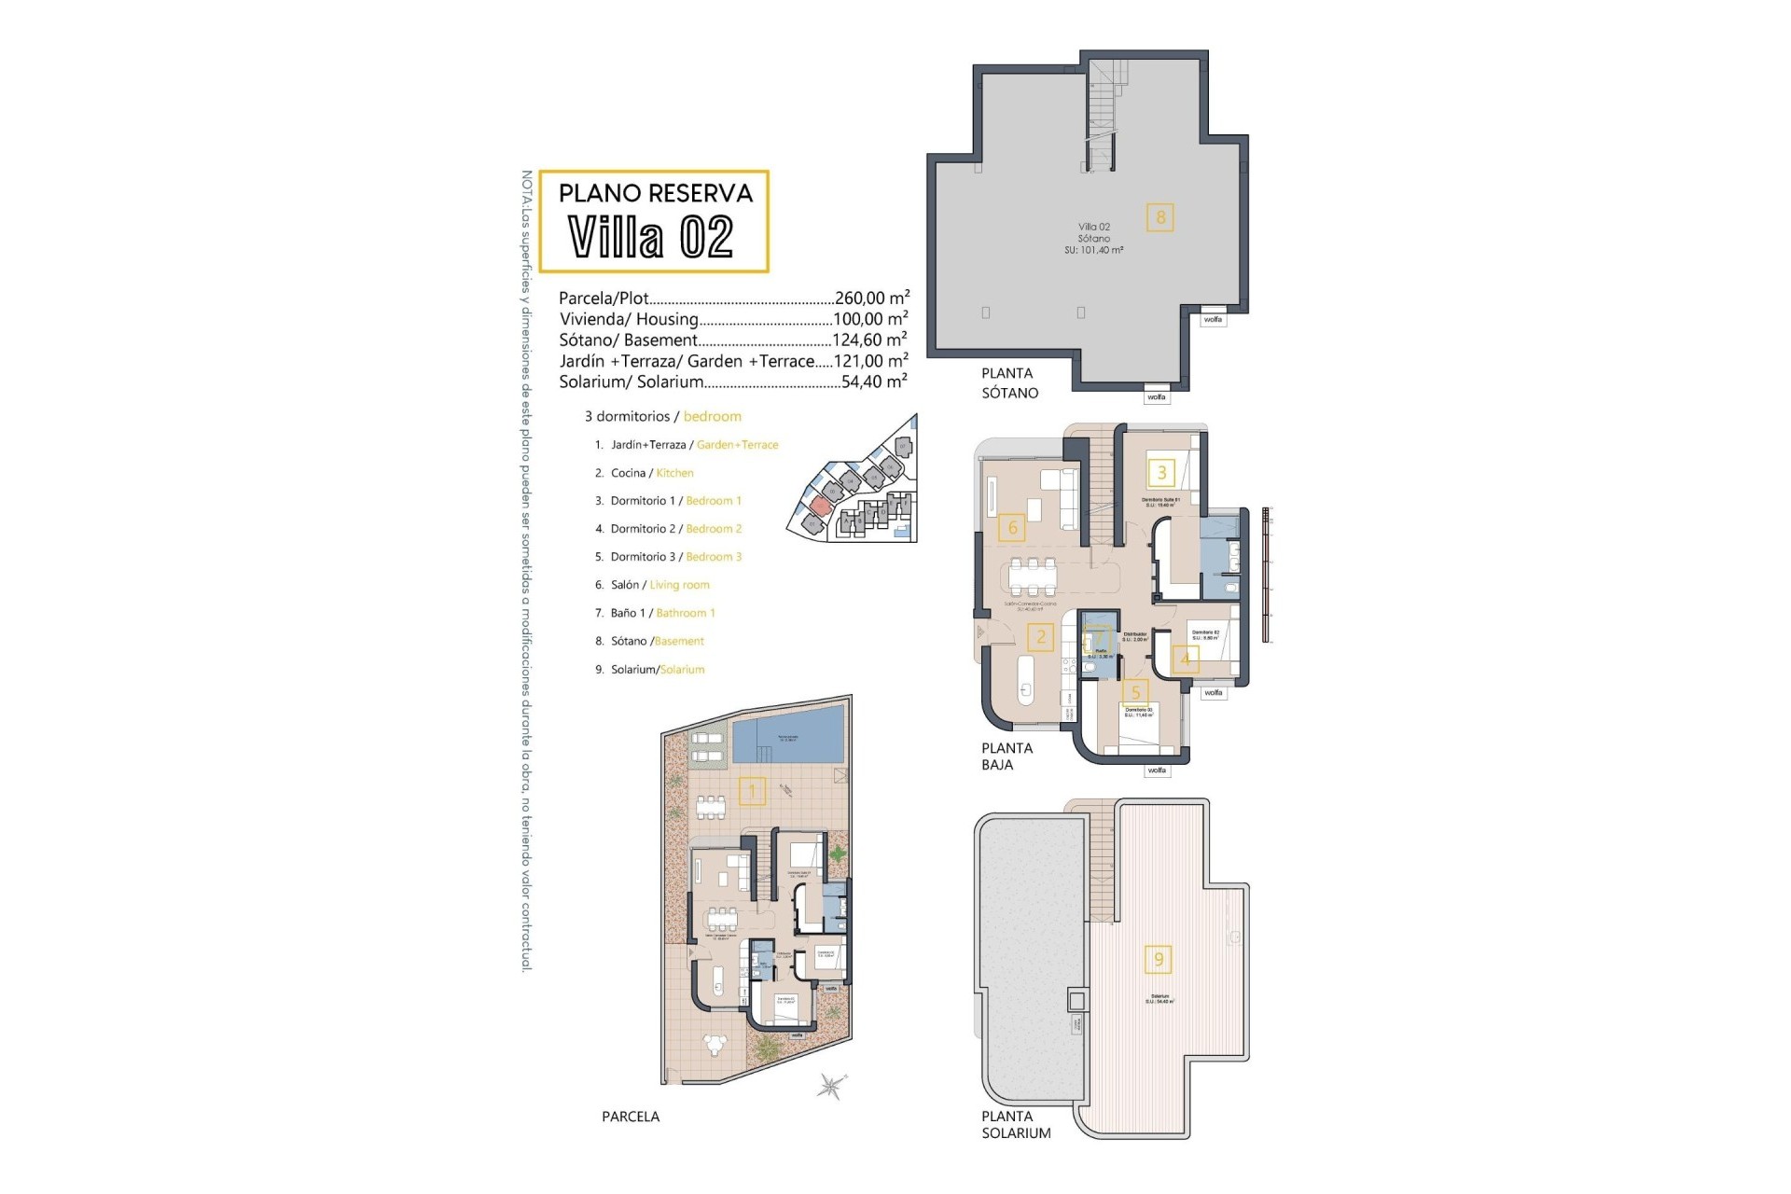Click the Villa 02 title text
(x=651, y=237)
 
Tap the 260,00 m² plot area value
(x=871, y=298)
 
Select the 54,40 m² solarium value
(x=874, y=382)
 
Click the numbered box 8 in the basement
(x=1160, y=217)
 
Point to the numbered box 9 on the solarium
(x=1159, y=959)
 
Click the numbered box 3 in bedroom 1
(x=1161, y=472)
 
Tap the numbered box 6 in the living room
(x=1012, y=528)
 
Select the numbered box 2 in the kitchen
(x=1041, y=638)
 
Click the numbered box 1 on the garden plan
(x=752, y=792)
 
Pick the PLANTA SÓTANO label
(x=1009, y=382)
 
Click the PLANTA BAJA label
(x=1007, y=756)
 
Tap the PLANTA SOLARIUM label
(x=1015, y=1124)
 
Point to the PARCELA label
(x=631, y=1117)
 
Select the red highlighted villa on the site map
(x=819, y=507)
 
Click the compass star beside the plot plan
(x=828, y=1086)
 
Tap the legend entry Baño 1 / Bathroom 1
(x=655, y=613)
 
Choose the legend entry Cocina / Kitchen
(x=645, y=473)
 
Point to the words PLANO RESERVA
(x=655, y=193)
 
